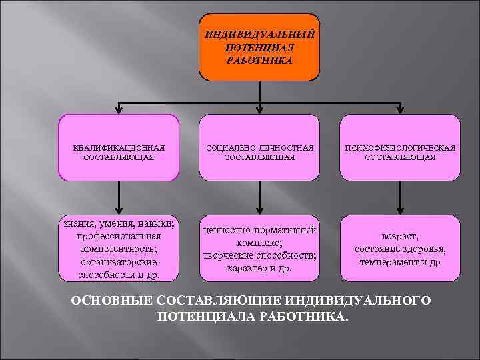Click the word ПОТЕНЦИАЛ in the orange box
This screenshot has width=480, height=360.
[x=259, y=47]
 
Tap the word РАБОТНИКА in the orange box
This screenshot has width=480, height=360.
[x=259, y=59]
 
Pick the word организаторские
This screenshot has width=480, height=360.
[x=119, y=261]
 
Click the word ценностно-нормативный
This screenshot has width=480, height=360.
[x=259, y=230]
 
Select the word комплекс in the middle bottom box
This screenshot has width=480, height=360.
[x=257, y=243]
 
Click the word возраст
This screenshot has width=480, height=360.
[x=400, y=236]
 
